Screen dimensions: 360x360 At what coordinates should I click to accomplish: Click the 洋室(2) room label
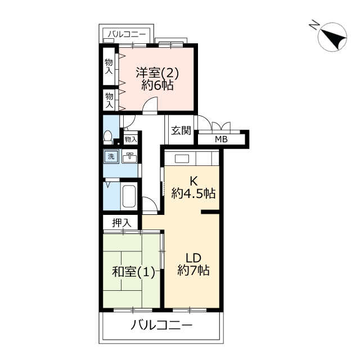(157, 73)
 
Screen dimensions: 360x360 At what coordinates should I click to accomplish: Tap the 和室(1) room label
(133, 272)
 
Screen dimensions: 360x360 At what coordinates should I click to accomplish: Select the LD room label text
(193, 258)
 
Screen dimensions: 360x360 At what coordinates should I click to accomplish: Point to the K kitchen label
(193, 181)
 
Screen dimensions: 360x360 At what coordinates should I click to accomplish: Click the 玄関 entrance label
(181, 130)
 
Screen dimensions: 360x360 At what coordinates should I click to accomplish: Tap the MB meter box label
(221, 139)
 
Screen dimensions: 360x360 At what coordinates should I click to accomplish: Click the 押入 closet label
(121, 223)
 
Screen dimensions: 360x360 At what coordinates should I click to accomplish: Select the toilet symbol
(107, 137)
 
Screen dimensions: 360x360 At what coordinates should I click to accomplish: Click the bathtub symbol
(129, 196)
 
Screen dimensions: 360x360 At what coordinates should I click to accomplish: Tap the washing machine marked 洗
(111, 156)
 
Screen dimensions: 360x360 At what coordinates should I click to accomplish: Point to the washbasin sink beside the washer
(129, 157)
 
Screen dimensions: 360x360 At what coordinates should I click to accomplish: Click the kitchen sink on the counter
(182, 159)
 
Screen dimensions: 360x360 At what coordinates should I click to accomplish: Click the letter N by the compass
(314, 24)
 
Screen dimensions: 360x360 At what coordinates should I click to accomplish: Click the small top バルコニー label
(127, 35)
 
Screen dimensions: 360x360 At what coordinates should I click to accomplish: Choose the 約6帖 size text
(157, 85)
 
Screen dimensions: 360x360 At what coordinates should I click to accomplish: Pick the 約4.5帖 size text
(193, 193)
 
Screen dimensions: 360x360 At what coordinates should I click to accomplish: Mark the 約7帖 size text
(193, 270)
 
